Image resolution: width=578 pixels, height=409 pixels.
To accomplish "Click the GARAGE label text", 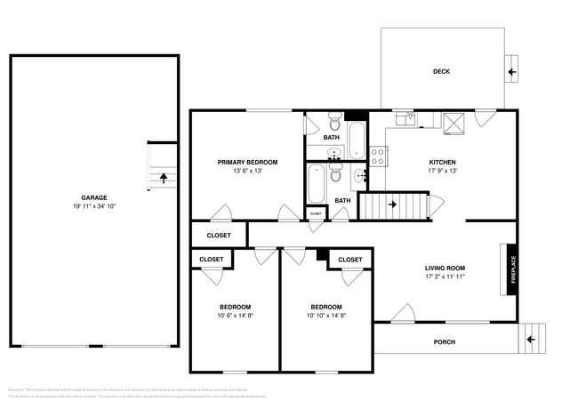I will pyautogui.click(x=94, y=197).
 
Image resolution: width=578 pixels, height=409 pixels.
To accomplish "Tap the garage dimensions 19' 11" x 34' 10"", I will pyautogui.click(x=94, y=206).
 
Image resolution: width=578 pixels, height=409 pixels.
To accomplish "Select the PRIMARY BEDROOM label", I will pyautogui.click(x=248, y=162).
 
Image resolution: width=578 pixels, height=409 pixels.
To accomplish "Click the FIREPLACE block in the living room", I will pyautogui.click(x=512, y=269).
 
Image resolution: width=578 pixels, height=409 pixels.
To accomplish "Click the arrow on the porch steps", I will pyautogui.click(x=531, y=339).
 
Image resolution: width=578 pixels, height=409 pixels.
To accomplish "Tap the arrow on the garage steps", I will pyautogui.click(x=164, y=176).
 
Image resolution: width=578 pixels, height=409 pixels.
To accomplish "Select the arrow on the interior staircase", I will pyautogui.click(x=391, y=206).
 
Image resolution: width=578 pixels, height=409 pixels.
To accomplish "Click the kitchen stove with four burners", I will pyautogui.click(x=377, y=157).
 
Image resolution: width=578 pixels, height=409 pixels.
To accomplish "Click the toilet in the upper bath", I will pyautogui.click(x=334, y=120).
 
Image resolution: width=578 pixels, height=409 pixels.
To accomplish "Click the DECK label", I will pyautogui.click(x=441, y=71).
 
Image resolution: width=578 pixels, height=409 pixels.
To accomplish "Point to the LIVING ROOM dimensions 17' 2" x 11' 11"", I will pyautogui.click(x=446, y=277).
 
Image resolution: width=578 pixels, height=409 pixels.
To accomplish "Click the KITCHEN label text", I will pyautogui.click(x=442, y=162).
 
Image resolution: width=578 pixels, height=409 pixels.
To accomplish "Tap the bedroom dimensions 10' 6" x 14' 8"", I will pyautogui.click(x=236, y=315).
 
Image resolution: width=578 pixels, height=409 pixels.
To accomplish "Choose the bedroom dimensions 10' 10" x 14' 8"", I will pyautogui.click(x=326, y=315).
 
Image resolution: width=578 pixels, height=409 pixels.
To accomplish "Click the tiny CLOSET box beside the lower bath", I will pyautogui.click(x=316, y=214).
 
